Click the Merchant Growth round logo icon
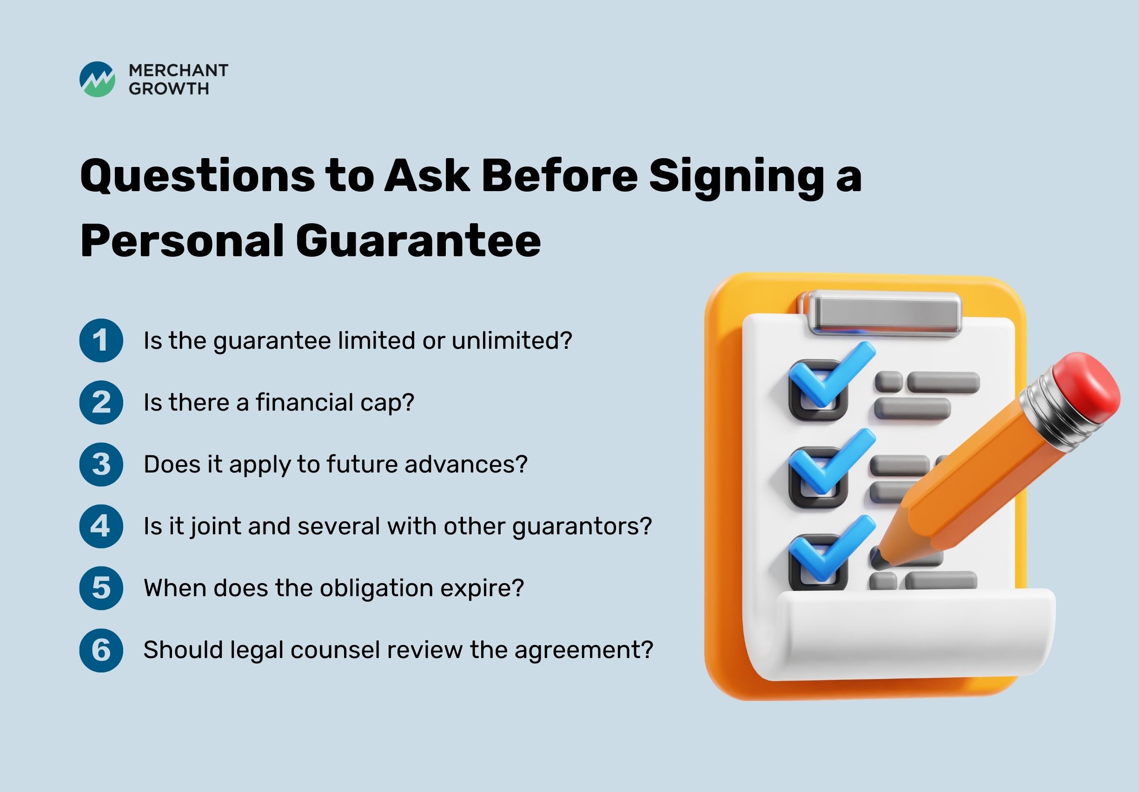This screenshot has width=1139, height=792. (97, 80)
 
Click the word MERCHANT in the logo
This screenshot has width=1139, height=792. (179, 71)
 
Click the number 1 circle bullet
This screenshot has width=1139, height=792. (101, 340)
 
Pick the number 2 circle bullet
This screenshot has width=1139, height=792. (101, 402)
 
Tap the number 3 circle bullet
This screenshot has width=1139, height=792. (101, 465)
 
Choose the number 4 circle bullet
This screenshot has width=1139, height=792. (101, 526)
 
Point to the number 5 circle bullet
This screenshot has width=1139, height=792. (101, 588)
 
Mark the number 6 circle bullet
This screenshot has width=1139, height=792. (101, 650)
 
